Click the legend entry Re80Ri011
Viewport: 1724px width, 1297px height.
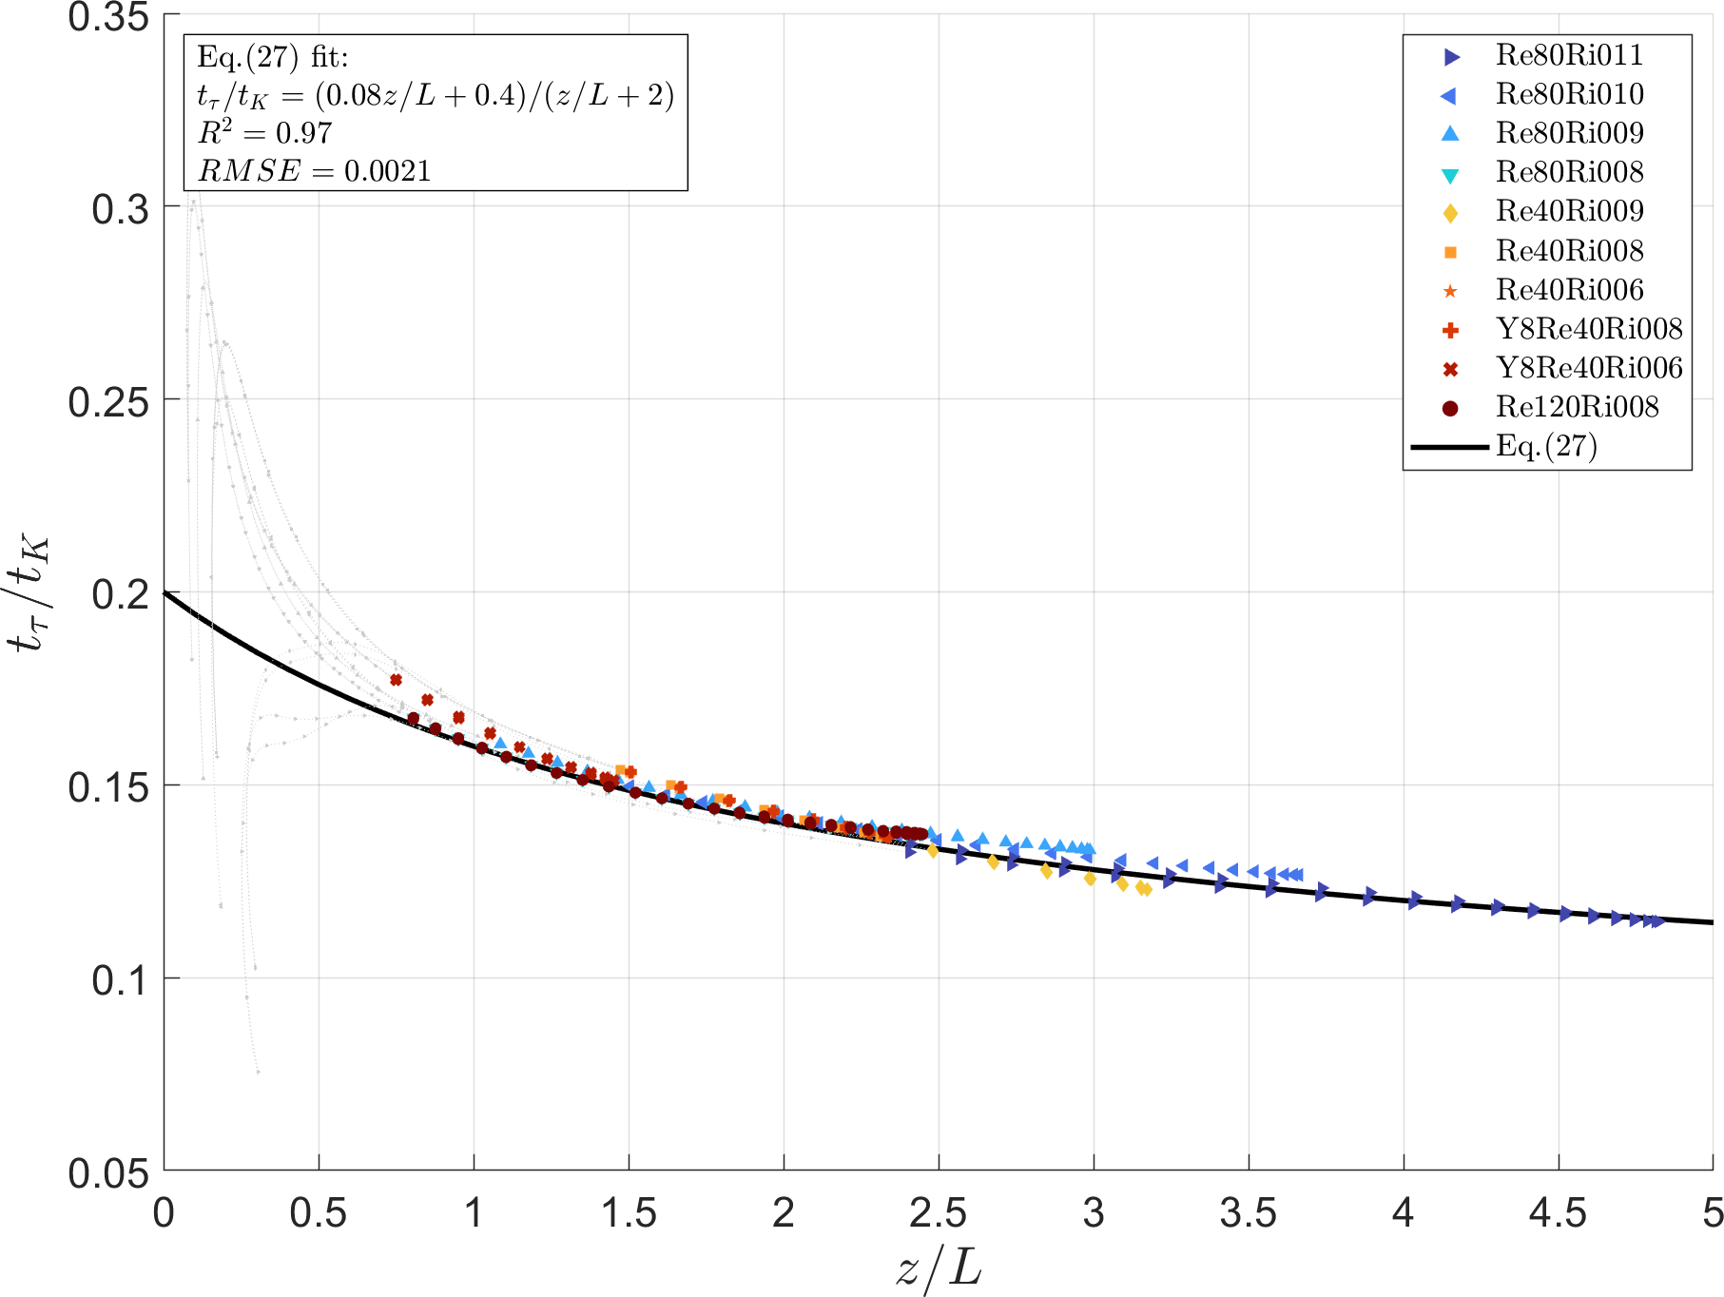tap(1569, 55)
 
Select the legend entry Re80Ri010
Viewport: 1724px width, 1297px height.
tap(1569, 94)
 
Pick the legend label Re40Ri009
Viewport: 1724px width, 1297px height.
tap(1569, 211)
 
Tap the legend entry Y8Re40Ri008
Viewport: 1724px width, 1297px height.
tap(1588, 329)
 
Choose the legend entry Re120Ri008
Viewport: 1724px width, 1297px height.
tap(1577, 407)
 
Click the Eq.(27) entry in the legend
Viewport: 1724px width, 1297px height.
tap(1546, 446)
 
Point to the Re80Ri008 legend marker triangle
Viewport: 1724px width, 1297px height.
tap(1450, 174)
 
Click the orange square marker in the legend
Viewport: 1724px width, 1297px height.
tap(1450, 252)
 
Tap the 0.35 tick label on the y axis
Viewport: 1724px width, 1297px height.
tap(108, 17)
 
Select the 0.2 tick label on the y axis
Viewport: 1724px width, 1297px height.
tap(121, 594)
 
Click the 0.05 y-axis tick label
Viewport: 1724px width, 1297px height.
tap(108, 1172)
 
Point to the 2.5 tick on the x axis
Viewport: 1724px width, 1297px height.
tap(939, 1214)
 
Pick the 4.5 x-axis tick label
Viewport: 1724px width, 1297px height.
tap(1558, 1214)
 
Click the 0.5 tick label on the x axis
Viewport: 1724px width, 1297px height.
tap(319, 1214)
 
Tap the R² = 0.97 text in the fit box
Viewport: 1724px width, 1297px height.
tap(264, 133)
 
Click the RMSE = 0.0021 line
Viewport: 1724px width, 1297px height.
tap(314, 171)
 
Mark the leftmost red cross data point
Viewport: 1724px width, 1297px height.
tap(396, 680)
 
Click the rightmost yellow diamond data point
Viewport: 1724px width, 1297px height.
tap(1146, 890)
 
